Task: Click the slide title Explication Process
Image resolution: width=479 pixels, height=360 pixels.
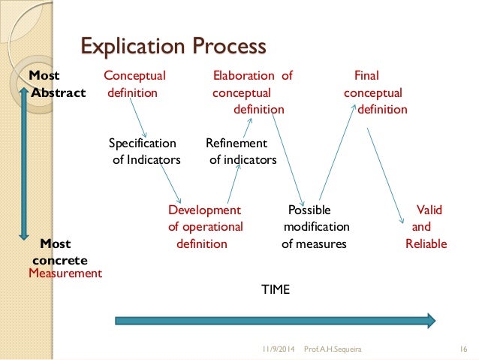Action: (x=173, y=47)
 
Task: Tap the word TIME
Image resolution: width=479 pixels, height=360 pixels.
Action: (x=275, y=289)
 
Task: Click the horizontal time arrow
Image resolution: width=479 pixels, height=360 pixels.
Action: (x=275, y=321)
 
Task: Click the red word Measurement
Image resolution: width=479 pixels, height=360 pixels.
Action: (x=65, y=274)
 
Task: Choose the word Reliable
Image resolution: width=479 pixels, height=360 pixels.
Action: (x=426, y=244)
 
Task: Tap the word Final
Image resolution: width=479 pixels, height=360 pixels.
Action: (x=366, y=75)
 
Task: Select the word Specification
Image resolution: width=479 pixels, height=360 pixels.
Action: (x=142, y=143)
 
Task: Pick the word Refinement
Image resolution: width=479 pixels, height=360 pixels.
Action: (x=236, y=143)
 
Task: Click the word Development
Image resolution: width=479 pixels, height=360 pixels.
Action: (x=204, y=210)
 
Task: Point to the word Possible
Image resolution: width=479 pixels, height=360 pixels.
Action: (x=309, y=210)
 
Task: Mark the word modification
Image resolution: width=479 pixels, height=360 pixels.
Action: (x=316, y=226)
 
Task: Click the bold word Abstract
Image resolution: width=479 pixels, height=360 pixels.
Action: (x=59, y=93)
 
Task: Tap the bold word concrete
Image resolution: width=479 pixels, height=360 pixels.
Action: (x=60, y=260)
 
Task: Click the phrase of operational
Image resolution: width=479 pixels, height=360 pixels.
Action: (x=205, y=226)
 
